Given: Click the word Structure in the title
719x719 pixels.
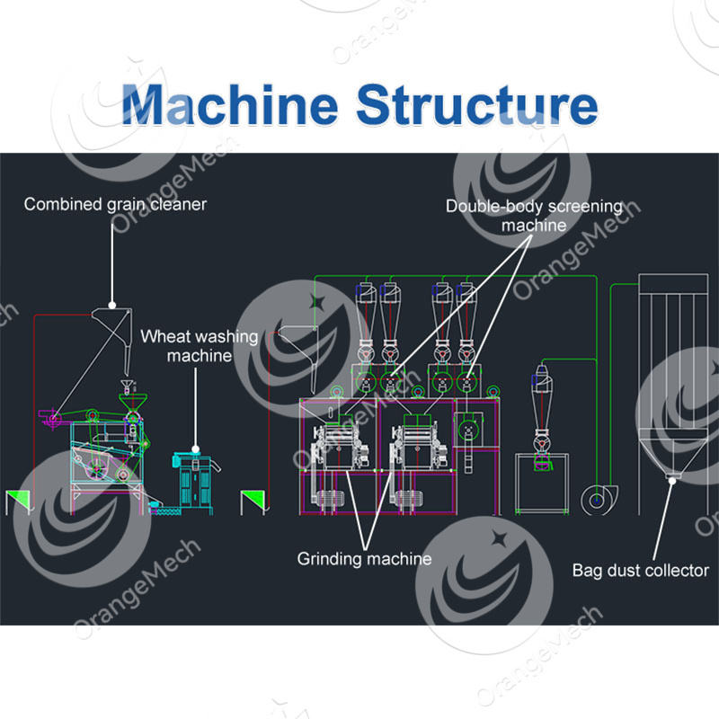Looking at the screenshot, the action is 476,105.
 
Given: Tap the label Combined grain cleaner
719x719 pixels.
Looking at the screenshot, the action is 115,204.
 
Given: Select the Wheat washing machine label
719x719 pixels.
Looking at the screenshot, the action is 199,346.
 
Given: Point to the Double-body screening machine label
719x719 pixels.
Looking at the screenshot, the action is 534,216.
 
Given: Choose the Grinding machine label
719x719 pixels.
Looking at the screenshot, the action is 364,559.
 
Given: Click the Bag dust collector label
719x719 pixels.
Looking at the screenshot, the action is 640,570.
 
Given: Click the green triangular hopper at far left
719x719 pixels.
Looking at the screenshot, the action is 17,502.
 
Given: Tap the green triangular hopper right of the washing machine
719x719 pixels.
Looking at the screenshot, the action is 254,502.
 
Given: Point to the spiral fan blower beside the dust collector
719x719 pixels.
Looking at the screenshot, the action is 594,499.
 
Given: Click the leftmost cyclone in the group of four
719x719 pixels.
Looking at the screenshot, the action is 364,310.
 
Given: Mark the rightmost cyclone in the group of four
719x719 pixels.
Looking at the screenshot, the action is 466,310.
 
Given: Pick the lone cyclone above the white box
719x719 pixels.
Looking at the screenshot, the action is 542,395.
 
